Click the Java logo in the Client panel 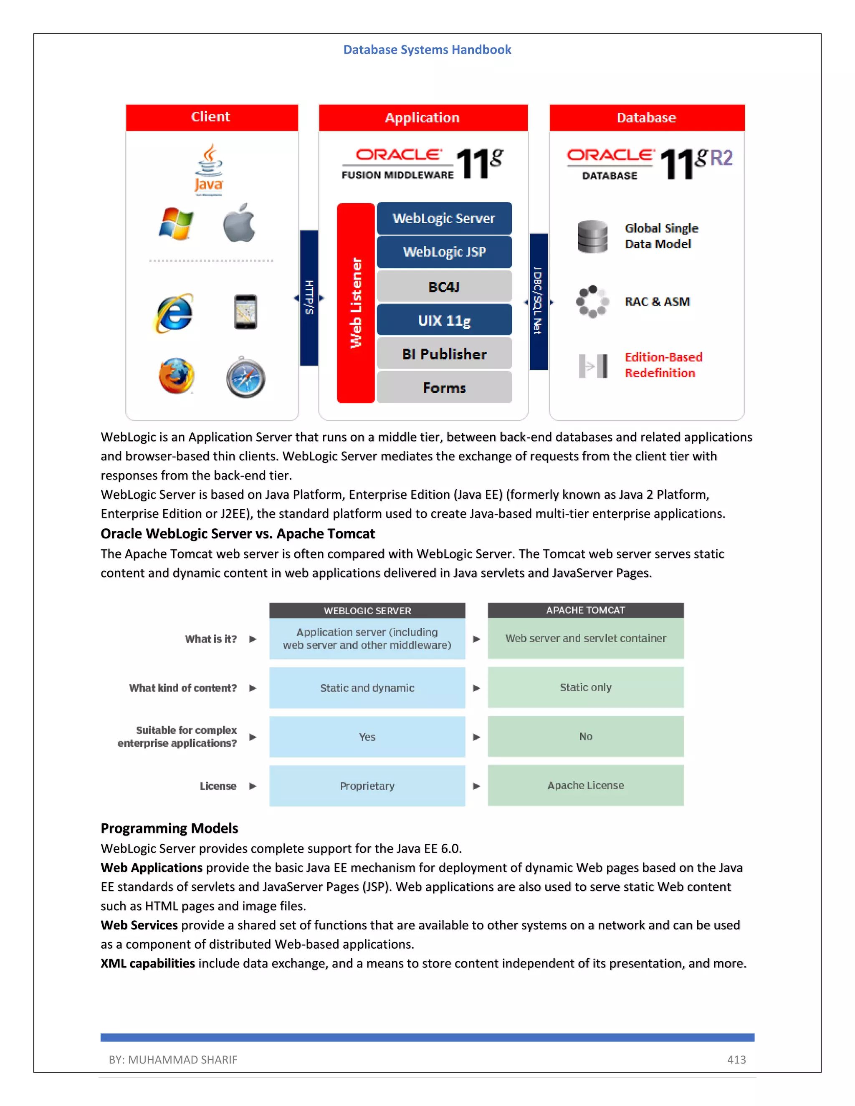point(209,169)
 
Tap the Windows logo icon point(175,223)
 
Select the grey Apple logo point(239,223)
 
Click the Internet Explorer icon point(174,313)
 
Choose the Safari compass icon point(245,377)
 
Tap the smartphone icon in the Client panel point(245,312)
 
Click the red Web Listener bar point(356,303)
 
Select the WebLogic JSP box point(444,252)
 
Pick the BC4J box point(444,287)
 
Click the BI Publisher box point(444,354)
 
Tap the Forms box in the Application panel point(444,388)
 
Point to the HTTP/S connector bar point(309,298)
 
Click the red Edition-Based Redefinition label point(663,365)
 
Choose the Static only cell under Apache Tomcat point(586,687)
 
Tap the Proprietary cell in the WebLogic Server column point(367,786)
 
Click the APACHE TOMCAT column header point(586,610)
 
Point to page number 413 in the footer point(736,1059)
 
